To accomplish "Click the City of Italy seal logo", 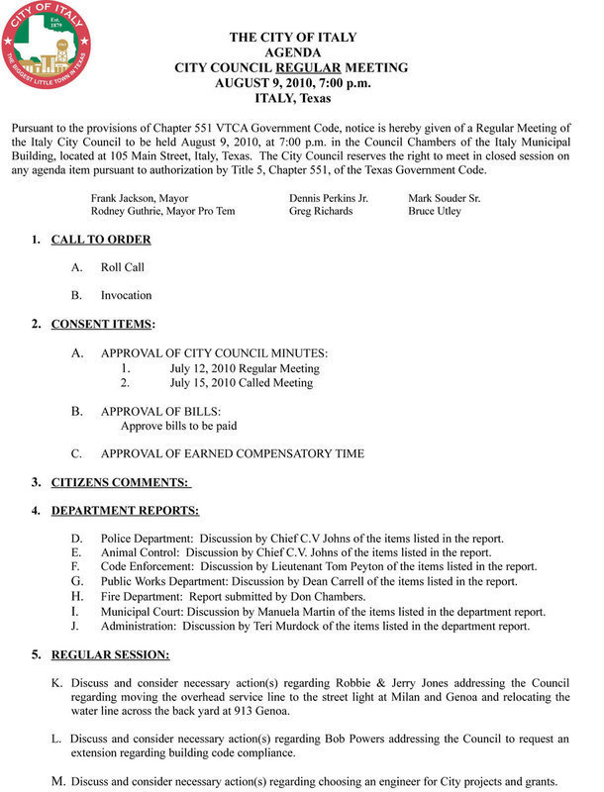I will pyautogui.click(x=48, y=47).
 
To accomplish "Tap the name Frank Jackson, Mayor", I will pyautogui.click(x=140, y=198).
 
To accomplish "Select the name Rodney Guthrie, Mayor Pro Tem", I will pyautogui.click(x=161, y=212).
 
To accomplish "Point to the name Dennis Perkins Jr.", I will pyautogui.click(x=329, y=198).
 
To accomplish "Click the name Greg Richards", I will pyautogui.click(x=321, y=212).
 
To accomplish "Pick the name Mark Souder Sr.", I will pyautogui.click(x=445, y=198).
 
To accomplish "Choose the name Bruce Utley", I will pyautogui.click(x=435, y=212).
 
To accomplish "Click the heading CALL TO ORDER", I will pyautogui.click(x=101, y=240).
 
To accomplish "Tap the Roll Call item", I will pyautogui.click(x=123, y=267).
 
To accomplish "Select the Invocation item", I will pyautogui.click(x=126, y=295).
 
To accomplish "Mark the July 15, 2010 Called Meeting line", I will pyautogui.click(x=242, y=382).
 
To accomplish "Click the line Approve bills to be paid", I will pyautogui.click(x=178, y=426).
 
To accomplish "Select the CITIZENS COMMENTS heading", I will pyautogui.click(x=120, y=482).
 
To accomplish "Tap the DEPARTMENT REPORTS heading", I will pyautogui.click(x=125, y=511).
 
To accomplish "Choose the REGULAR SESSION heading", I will pyautogui.click(x=110, y=654).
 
